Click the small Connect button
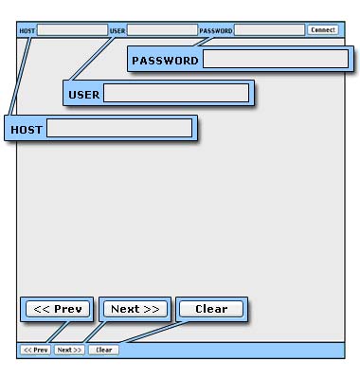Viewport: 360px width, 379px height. (323, 30)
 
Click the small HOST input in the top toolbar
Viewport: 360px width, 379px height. (72, 30)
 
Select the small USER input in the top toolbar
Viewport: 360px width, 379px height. (162, 30)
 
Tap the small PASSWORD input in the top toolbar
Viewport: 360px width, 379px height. (269, 30)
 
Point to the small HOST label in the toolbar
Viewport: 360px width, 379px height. (27, 31)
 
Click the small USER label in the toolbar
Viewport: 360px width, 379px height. (117, 31)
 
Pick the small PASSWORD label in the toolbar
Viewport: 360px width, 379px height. (216, 31)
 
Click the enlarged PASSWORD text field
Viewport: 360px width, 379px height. (276, 59)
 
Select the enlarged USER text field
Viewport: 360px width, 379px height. (176, 93)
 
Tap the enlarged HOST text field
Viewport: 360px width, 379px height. (119, 128)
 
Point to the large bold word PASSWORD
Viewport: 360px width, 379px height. (165, 61)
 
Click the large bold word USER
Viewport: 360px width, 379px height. (84, 95)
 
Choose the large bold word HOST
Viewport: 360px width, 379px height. (27, 130)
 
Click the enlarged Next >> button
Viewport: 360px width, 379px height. (135, 309)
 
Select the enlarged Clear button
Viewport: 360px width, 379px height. (211, 309)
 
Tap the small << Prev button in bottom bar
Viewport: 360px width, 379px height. (36, 350)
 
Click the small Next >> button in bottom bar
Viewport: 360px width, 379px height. (69, 350)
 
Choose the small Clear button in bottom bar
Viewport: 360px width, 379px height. (103, 350)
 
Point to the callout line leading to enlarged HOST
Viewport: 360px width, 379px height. (20, 77)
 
